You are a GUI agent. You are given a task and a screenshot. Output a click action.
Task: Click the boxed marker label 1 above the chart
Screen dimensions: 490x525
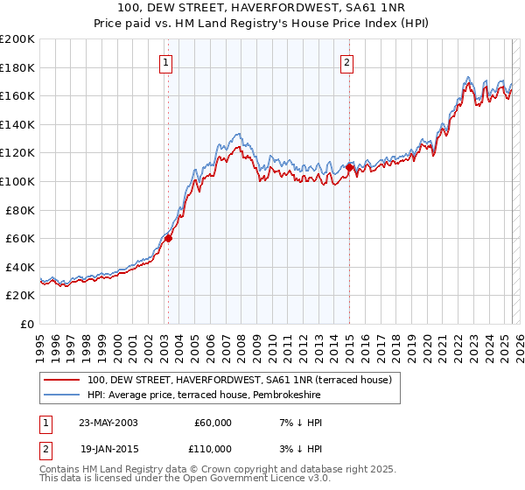165,62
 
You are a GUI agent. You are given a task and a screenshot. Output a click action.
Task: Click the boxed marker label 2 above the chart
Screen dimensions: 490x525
347,62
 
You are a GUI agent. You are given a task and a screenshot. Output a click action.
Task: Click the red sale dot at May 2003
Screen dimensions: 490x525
169,238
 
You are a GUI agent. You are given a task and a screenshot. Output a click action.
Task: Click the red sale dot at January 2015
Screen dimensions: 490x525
349,167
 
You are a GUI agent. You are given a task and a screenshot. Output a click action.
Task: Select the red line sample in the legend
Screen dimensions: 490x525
61,381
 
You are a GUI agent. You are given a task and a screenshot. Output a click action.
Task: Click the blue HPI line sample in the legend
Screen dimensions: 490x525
61,395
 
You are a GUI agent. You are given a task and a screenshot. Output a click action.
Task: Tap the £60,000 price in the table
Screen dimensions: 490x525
213,423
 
